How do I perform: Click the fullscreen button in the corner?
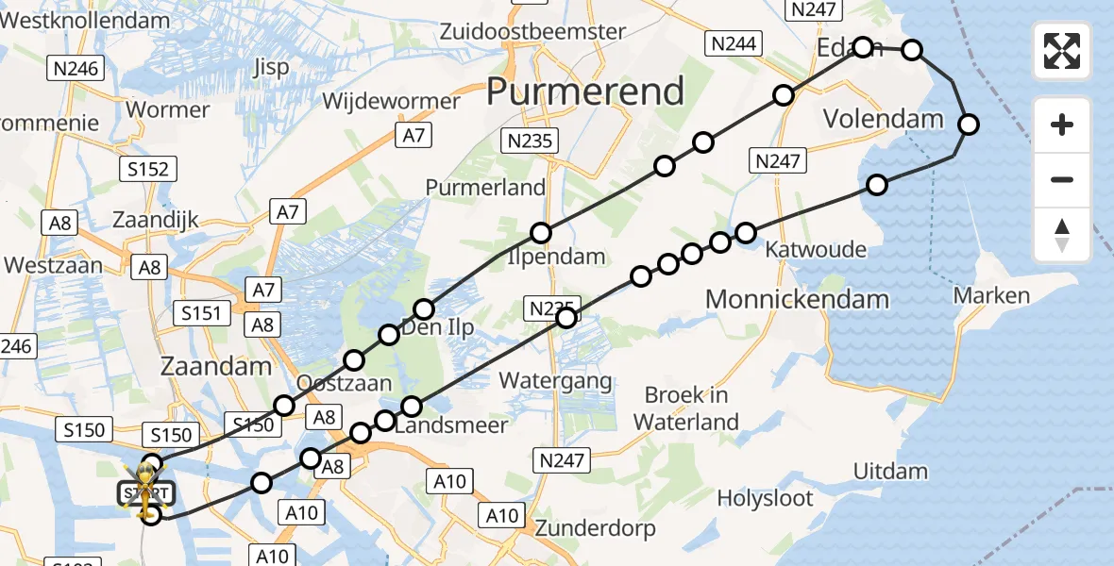[x=1062, y=51]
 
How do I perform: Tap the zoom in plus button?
[x=1062, y=125]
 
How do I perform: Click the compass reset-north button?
[x=1062, y=235]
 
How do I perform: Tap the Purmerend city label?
[x=584, y=92]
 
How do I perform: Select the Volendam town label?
[x=884, y=119]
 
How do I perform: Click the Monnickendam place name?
[x=798, y=300]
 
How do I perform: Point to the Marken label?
[x=991, y=296]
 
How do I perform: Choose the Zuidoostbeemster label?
[x=533, y=32]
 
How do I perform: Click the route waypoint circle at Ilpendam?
[x=540, y=233]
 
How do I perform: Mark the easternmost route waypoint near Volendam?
[x=968, y=125]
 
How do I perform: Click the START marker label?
[x=145, y=492]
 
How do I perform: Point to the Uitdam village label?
[x=890, y=471]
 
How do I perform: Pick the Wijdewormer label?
[x=391, y=101]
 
